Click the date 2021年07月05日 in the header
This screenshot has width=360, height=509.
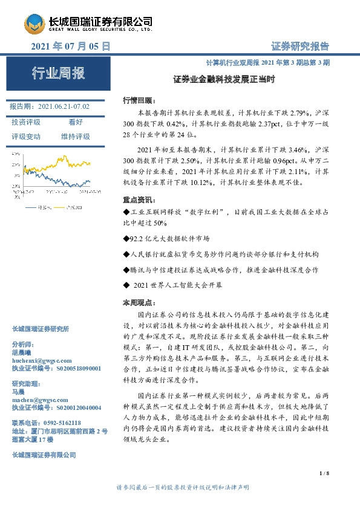click(x=70, y=46)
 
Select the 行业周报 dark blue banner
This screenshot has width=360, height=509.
click(x=58, y=74)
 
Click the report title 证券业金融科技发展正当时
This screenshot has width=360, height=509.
click(x=224, y=79)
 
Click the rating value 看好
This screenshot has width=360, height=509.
click(x=76, y=122)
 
